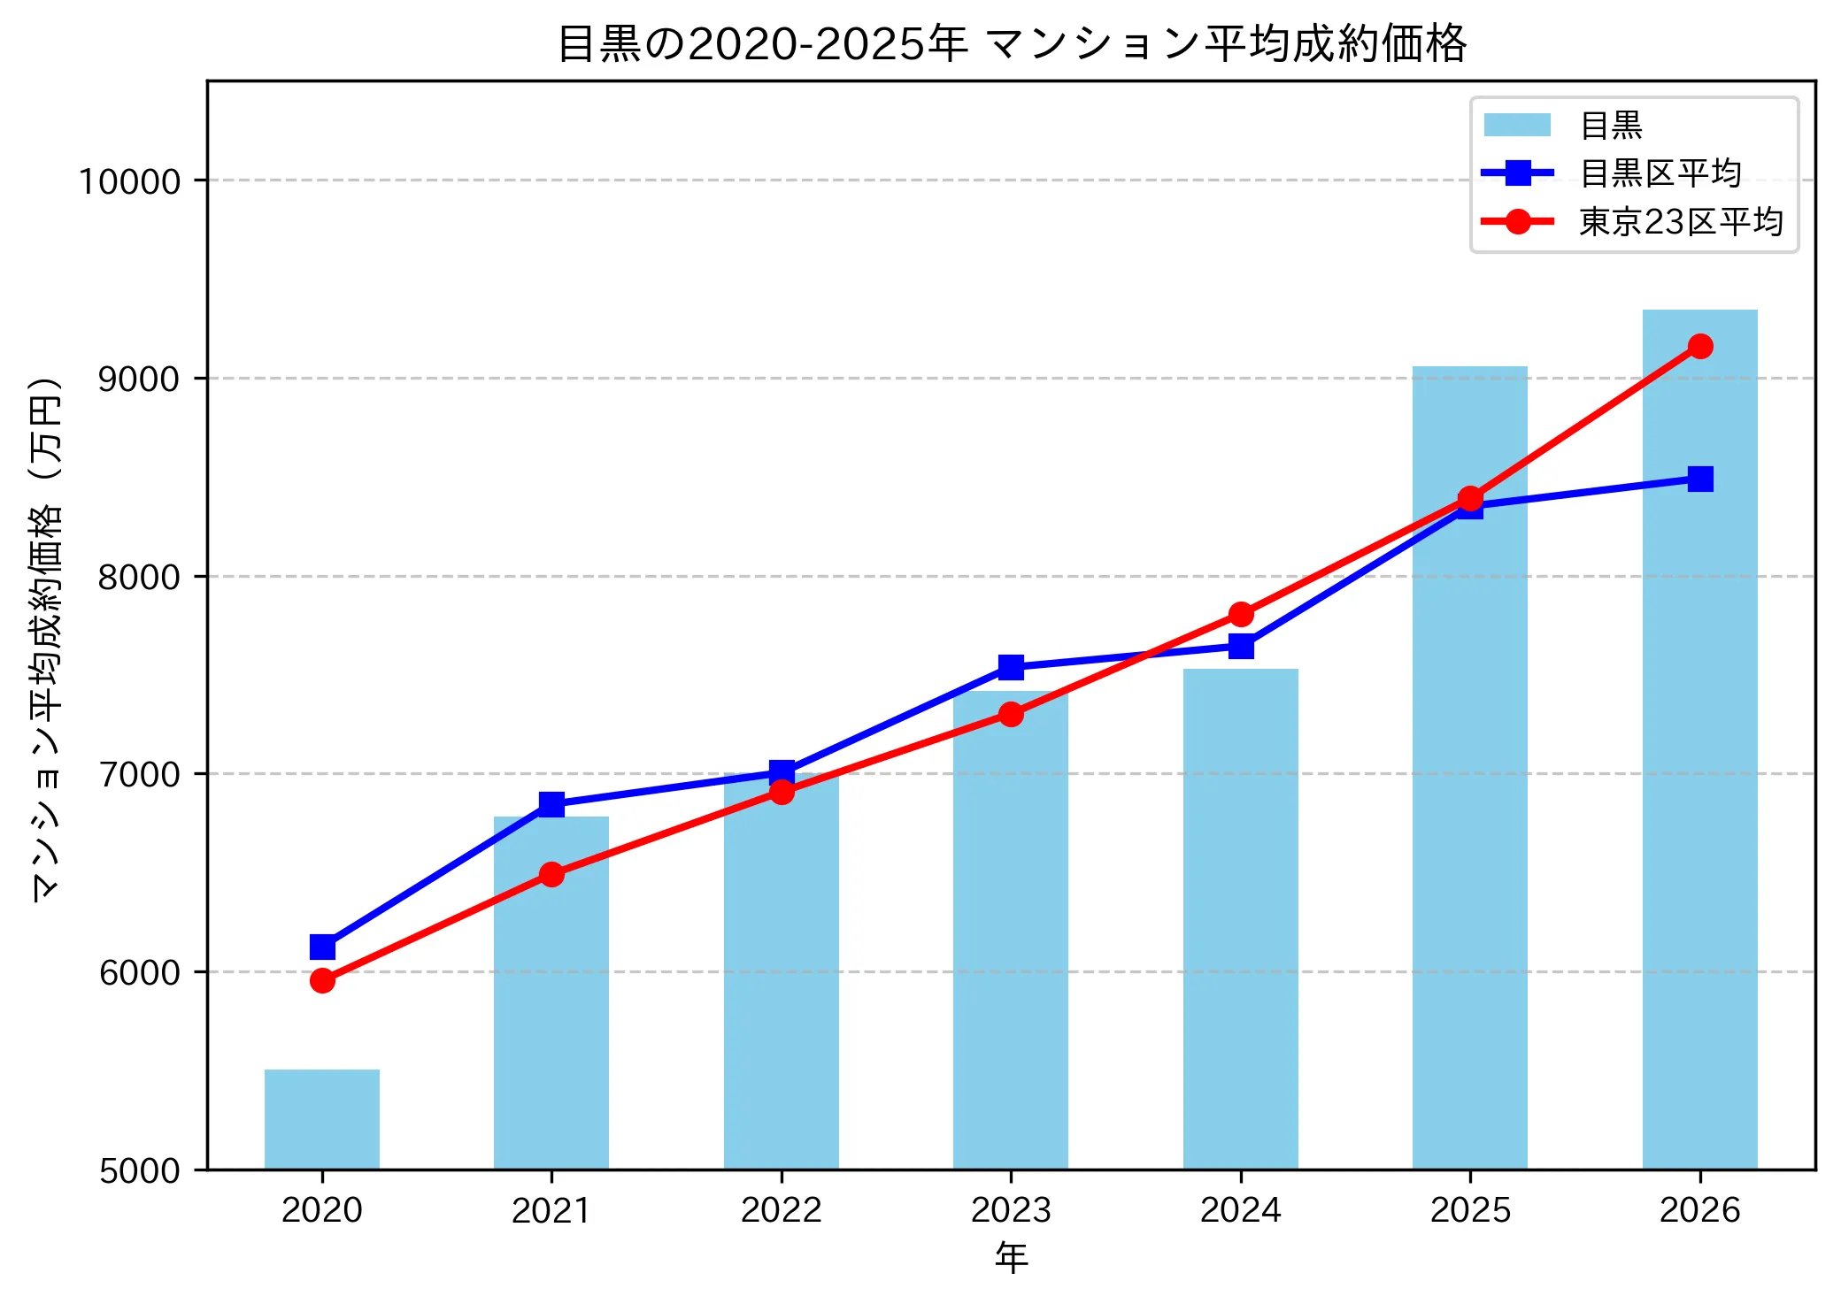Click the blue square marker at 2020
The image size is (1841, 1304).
(x=322, y=947)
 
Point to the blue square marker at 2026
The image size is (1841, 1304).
(x=1699, y=479)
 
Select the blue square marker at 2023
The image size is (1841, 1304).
(x=1011, y=667)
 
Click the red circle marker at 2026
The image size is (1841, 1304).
(x=1699, y=346)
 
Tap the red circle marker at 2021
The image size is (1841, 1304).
(x=551, y=874)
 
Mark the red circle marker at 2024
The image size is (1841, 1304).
(x=1241, y=614)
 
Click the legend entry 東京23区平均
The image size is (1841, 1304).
(x=1680, y=222)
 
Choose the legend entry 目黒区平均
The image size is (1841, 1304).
(x=1660, y=173)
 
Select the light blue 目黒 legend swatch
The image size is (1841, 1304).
(x=1517, y=125)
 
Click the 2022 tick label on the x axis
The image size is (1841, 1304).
(x=781, y=1209)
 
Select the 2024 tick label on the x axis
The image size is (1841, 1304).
(x=1240, y=1209)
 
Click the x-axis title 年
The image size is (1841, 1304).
(x=1011, y=1257)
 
